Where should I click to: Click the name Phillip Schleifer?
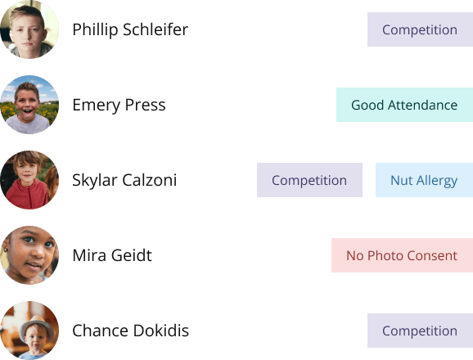130,29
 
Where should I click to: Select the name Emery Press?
119,106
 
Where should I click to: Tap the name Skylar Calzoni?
124,180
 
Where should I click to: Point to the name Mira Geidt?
112,255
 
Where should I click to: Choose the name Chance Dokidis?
131,331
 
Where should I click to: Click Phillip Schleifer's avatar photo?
29,29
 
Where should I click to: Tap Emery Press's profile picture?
29,105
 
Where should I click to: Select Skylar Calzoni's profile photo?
29,180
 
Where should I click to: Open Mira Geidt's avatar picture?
29,255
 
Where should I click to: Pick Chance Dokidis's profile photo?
29,331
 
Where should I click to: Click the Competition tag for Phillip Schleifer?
420,29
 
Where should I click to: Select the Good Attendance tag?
404,105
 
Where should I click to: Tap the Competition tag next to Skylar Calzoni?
309,180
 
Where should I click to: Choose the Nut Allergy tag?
424,180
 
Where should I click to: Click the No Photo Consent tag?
402,255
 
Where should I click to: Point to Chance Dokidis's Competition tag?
420,331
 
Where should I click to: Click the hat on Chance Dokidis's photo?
38,325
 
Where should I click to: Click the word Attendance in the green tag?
422,106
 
